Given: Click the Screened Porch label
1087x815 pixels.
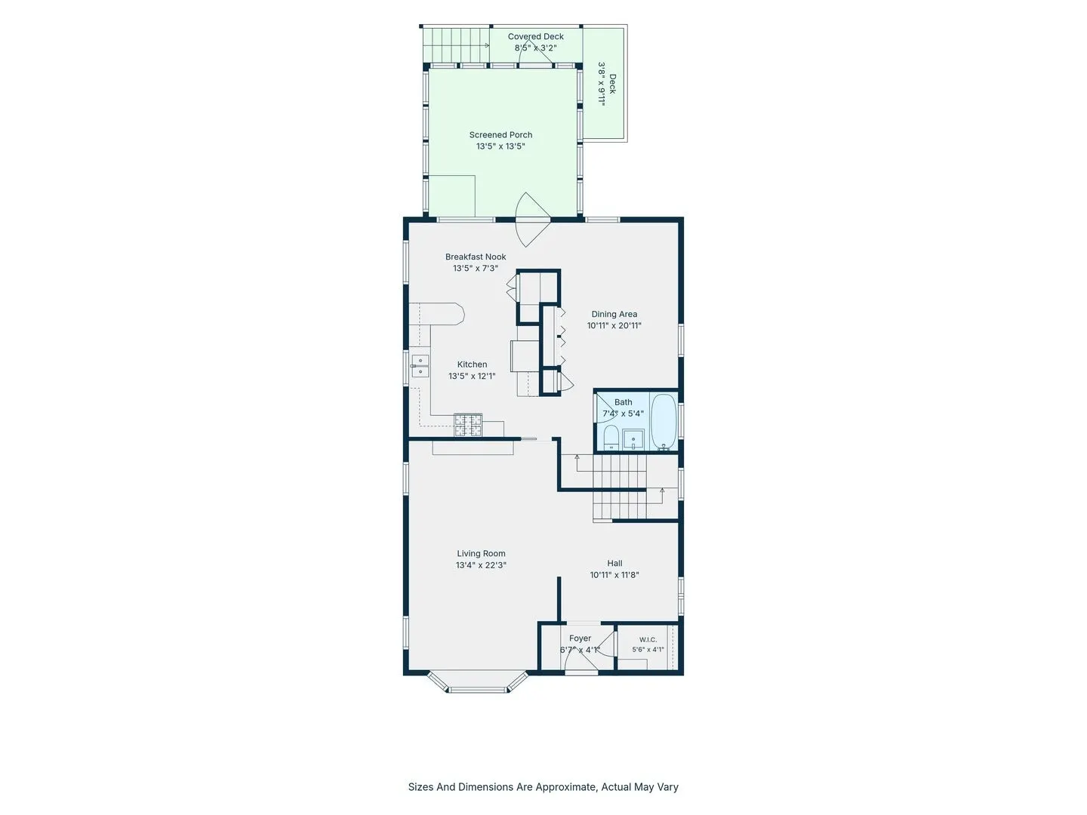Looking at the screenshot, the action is [500, 134].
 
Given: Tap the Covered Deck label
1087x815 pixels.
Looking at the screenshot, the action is [535, 37].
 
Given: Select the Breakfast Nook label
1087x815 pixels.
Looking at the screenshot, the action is [476, 257].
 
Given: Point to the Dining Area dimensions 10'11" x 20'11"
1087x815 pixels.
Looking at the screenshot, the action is [614, 325].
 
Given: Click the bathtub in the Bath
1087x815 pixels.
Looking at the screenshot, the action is [664, 422].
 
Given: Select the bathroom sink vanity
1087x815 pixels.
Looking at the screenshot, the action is [633, 439].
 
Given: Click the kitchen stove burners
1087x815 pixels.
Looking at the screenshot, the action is [468, 425].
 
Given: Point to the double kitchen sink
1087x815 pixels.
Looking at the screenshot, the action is [420, 366].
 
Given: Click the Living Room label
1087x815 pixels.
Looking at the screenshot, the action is [481, 554].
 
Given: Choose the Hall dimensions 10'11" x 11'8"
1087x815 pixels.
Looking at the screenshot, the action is [614, 575].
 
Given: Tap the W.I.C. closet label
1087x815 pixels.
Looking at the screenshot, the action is [648, 640].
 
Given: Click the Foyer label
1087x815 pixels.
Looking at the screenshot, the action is [580, 638].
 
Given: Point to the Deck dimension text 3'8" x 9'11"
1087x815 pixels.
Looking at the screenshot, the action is [602, 84].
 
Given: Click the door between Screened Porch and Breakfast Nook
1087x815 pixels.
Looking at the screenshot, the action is [533, 219].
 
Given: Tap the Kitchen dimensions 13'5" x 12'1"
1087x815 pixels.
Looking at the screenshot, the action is [472, 376].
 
